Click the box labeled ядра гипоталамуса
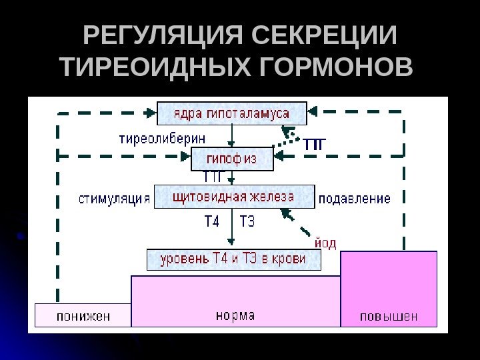[231, 113]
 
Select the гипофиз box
[232, 159]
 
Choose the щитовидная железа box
[233, 197]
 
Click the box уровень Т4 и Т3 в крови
[233, 259]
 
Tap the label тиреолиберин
[162, 139]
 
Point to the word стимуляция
[115, 199]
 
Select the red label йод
[325, 243]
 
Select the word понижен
[83, 315]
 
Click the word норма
[235, 315]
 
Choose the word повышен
[389, 315]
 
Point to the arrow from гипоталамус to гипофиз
[231, 136]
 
